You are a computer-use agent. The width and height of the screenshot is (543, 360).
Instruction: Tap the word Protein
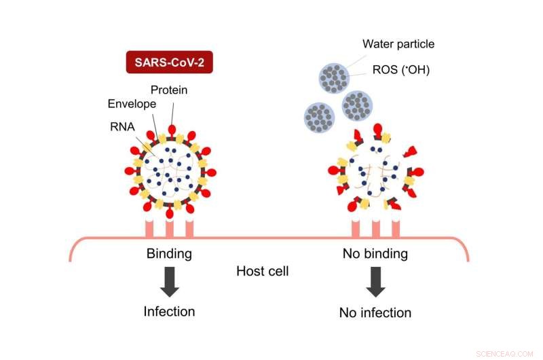(x=168, y=90)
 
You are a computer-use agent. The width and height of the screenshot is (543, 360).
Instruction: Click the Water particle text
(x=398, y=45)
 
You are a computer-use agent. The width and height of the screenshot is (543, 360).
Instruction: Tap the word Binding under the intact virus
(x=169, y=254)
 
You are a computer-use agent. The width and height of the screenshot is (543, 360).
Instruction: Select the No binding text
(x=375, y=254)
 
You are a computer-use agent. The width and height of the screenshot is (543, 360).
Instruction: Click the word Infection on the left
(x=169, y=312)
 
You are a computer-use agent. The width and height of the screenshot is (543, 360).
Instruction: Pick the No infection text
(x=375, y=312)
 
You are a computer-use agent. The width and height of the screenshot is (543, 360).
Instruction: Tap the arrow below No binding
(x=375, y=282)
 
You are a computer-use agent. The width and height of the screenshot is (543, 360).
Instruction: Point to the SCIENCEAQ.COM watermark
(x=506, y=353)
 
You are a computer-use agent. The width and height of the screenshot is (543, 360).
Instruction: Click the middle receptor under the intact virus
(x=170, y=228)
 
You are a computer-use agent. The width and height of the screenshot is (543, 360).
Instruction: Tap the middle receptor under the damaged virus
(x=375, y=228)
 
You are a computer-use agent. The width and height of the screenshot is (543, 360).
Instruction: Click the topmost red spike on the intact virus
(x=171, y=128)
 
